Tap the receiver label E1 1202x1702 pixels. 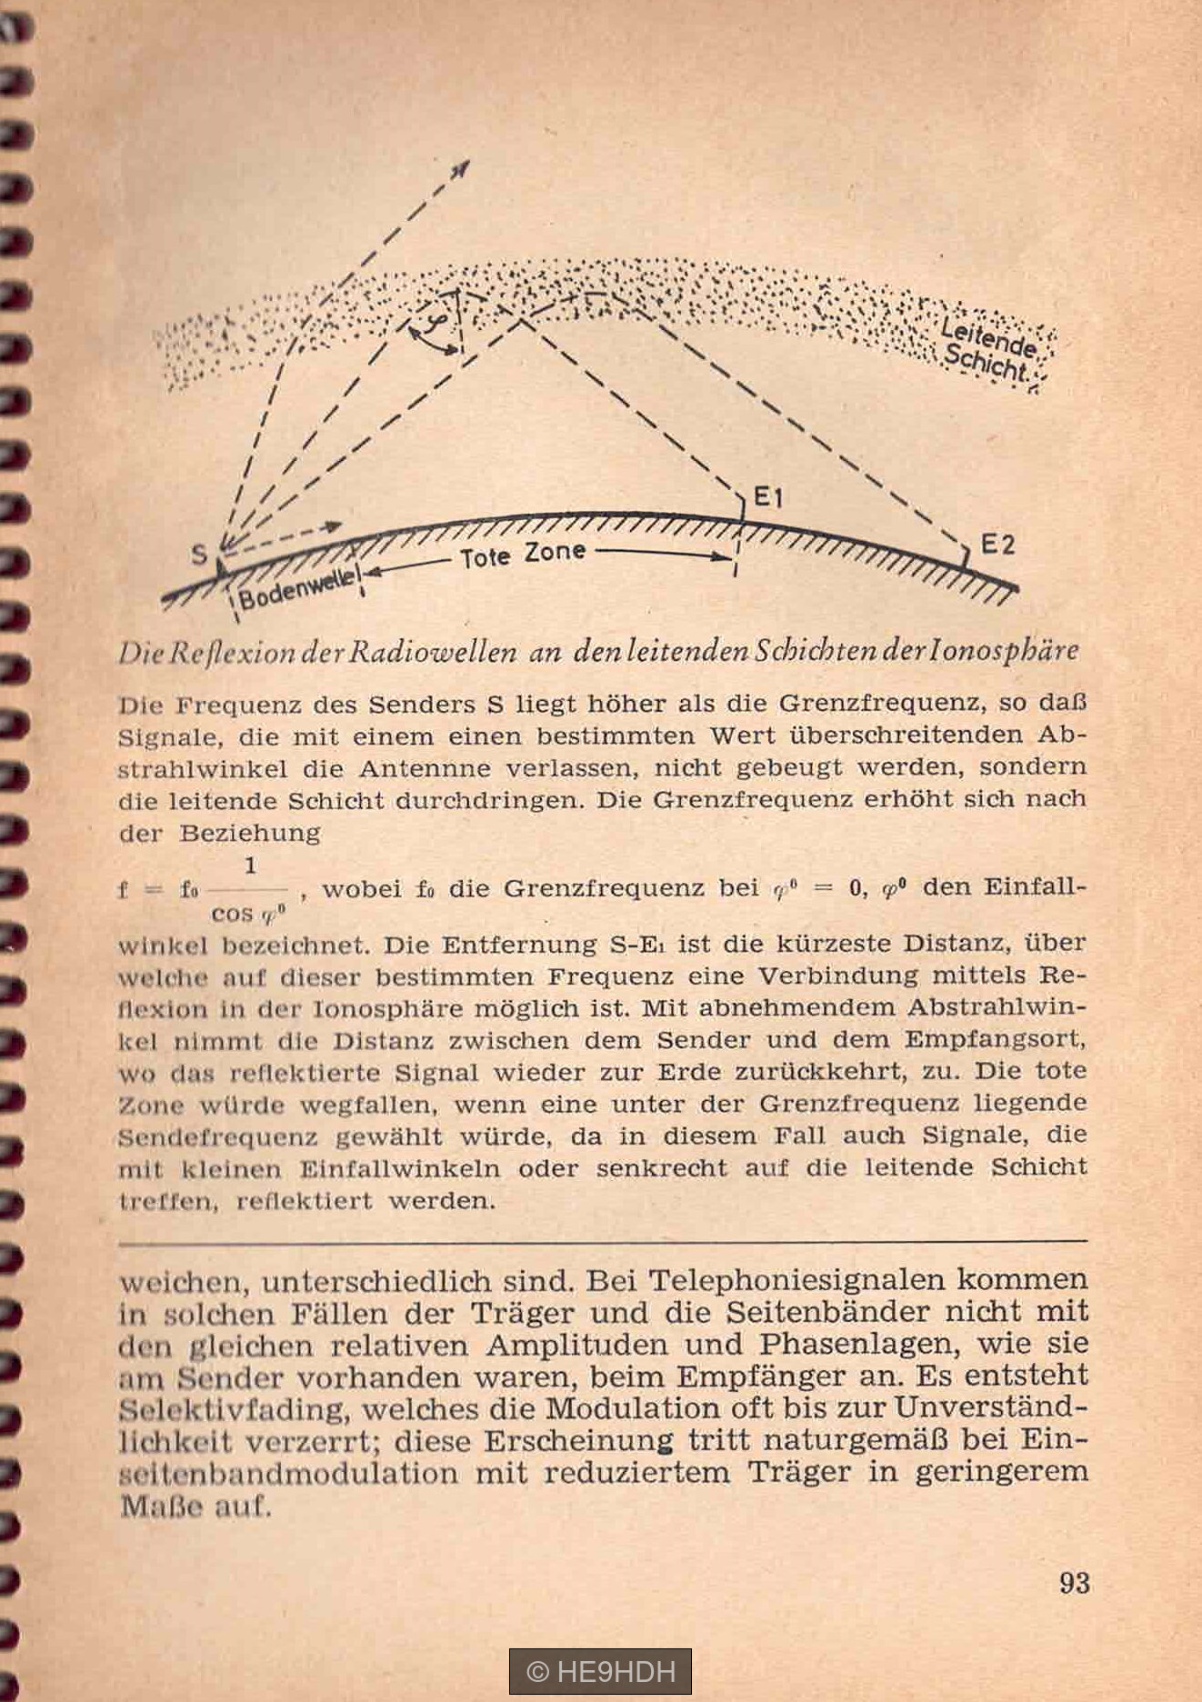(769, 497)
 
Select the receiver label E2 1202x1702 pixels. (997, 545)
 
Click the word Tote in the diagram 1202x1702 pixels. (484, 556)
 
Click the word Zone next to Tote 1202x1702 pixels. (554, 552)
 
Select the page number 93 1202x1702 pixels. (1074, 1583)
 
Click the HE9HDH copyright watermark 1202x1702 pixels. (600, 1671)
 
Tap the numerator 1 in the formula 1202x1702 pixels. (250, 867)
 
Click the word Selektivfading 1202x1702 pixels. (235, 1410)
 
